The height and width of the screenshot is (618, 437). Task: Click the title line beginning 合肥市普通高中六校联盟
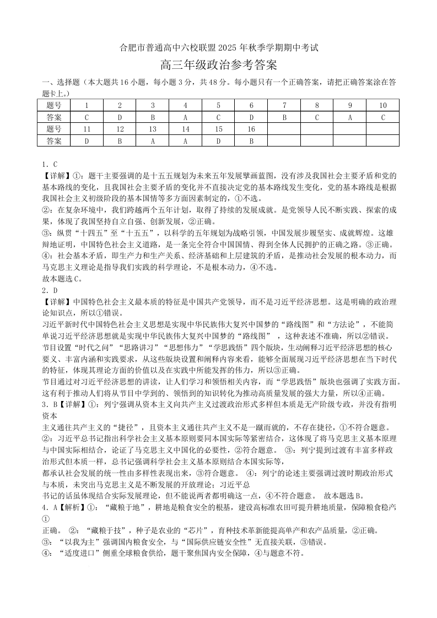[219, 48]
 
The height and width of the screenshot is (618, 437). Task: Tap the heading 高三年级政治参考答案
[218, 65]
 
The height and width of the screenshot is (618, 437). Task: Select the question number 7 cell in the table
[284, 105]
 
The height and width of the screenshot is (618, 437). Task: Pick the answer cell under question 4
[185, 117]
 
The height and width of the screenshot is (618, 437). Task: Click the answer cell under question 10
[382, 117]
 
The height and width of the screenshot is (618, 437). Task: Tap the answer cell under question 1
[87, 117]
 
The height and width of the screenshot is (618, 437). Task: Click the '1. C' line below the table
[50, 164]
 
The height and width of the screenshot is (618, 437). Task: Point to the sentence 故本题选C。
[62, 279]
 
